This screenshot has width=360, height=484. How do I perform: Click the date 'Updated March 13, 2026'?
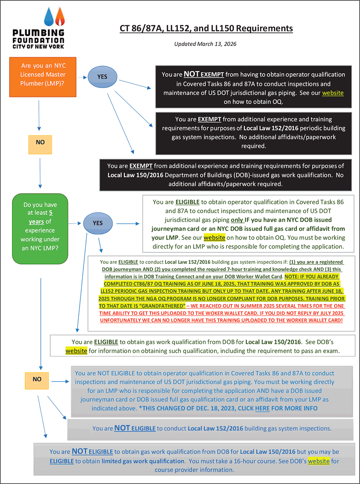[205, 44]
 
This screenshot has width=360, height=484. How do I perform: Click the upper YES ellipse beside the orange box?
[102, 76]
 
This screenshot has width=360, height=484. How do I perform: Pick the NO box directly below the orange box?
[40, 142]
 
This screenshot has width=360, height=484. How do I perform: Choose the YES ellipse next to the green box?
[98, 223]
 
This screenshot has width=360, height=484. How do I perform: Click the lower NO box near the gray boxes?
[37, 379]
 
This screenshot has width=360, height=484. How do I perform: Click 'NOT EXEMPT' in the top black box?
[204, 74]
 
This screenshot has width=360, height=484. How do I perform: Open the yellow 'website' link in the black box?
[333, 93]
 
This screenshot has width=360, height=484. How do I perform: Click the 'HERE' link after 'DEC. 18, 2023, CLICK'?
[262, 408]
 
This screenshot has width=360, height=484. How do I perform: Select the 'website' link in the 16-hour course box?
[318, 461]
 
